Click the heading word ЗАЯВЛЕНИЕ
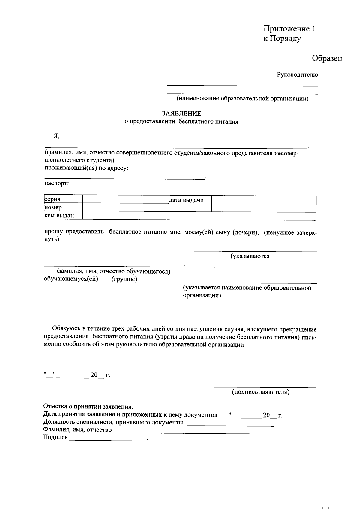[181, 114]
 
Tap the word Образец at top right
[327, 58]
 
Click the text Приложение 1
[289, 29]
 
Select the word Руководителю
[297, 75]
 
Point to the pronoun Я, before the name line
[56, 136]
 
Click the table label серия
[52, 199]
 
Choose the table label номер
[53, 207]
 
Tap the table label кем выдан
[59, 215]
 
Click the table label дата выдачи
[186, 200]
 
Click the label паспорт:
[57, 184]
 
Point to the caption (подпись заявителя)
[261, 392]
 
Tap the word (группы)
[124, 279]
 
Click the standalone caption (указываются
[250, 256]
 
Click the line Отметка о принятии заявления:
[88, 407]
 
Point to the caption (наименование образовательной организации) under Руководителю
[242, 99]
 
